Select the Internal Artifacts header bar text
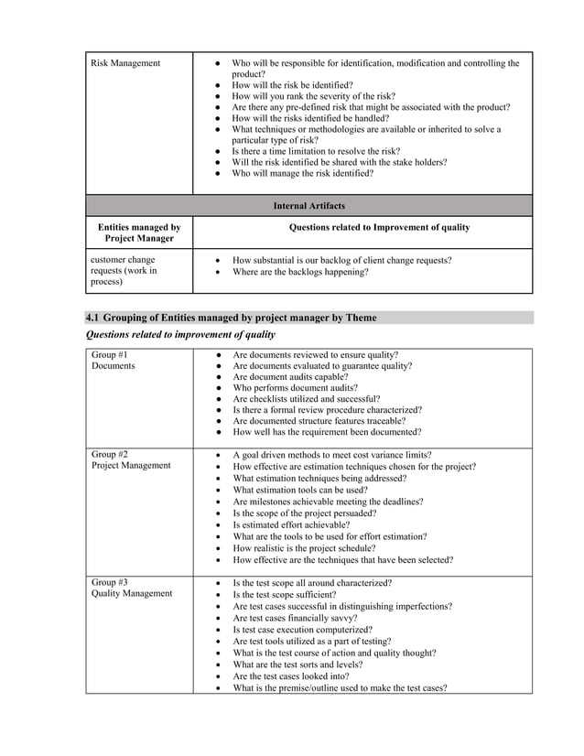(308, 206)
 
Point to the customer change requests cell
(124, 271)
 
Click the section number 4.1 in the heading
(92, 318)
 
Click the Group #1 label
(110, 354)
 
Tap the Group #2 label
(110, 454)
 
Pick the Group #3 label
(110, 582)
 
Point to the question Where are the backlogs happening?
(301, 272)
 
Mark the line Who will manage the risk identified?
(303, 173)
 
